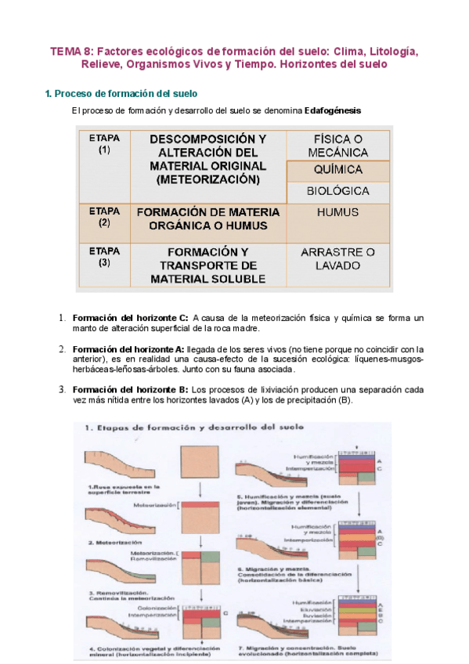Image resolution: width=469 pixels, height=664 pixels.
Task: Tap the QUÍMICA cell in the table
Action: point(337,170)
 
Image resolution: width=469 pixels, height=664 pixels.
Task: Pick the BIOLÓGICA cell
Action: point(337,191)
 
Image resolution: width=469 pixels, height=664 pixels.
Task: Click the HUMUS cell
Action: point(337,212)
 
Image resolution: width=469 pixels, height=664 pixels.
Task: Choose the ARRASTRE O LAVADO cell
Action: point(337,259)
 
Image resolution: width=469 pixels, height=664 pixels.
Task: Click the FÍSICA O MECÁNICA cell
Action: point(337,145)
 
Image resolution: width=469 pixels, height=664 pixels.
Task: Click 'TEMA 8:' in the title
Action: point(70,52)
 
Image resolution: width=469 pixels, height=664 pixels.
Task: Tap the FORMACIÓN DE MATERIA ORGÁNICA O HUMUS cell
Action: point(207,218)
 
